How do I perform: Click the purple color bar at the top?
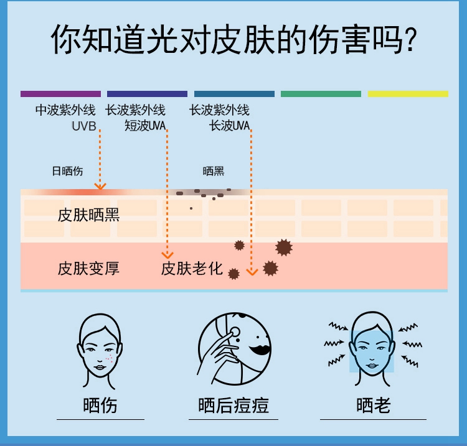point(60,94)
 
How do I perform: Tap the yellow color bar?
point(407,94)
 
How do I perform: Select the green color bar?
point(321,94)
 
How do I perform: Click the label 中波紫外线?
point(65,111)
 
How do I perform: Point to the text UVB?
point(83,126)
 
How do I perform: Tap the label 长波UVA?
point(229,126)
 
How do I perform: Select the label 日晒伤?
point(67,171)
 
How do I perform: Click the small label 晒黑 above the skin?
point(214,171)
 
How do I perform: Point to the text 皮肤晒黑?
point(88,215)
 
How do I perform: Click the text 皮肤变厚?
point(88,269)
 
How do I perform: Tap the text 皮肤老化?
point(192,269)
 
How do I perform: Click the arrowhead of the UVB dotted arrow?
point(100,186)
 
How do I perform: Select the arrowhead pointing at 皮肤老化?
point(167,254)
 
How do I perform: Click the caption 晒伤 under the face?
point(100,406)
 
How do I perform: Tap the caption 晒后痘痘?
point(233,406)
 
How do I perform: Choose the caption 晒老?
point(374,406)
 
